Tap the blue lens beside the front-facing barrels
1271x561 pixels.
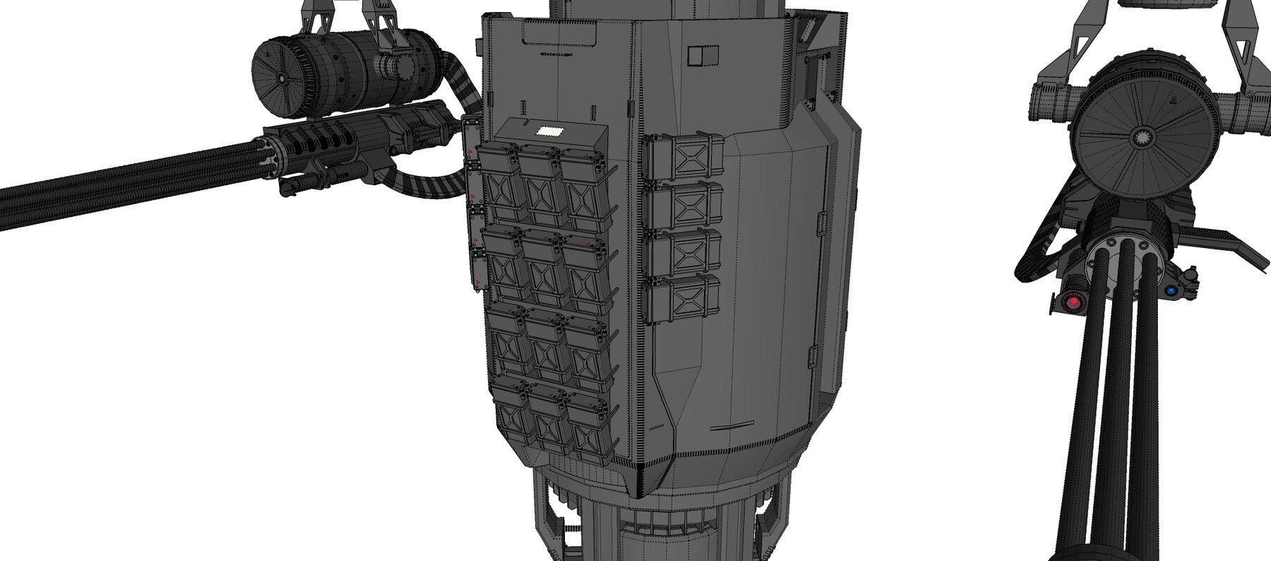(1171, 290)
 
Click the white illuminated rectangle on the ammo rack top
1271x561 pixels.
(547, 131)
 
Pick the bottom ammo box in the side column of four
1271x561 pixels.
(683, 298)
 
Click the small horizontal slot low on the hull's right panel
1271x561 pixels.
(729, 428)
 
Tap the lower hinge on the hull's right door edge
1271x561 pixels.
(811, 356)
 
